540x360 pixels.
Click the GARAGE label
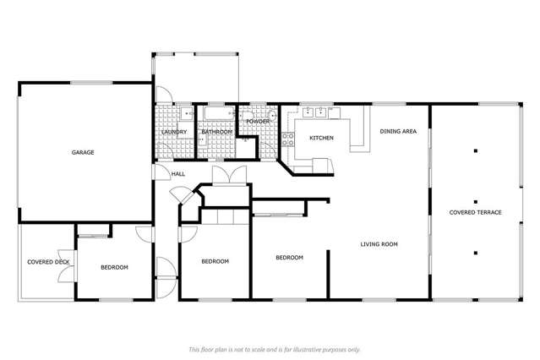(82, 153)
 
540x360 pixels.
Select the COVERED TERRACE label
(475, 212)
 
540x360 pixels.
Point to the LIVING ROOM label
(379, 244)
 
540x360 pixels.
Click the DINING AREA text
(397, 131)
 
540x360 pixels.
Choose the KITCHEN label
(321, 138)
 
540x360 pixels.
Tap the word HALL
(178, 174)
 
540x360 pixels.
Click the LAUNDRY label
(174, 133)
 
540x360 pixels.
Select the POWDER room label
(258, 122)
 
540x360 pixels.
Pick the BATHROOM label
(216, 133)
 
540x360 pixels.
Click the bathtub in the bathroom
(217, 113)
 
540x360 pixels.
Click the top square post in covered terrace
(475, 151)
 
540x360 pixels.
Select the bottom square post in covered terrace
(475, 251)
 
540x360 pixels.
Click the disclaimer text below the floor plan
(274, 349)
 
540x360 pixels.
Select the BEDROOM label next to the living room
(289, 257)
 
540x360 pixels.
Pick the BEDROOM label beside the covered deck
(114, 267)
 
